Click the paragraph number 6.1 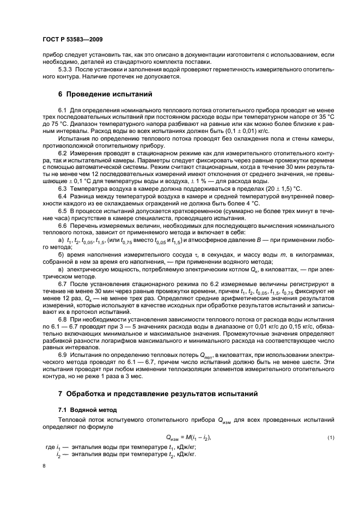click(x=62, y=111)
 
